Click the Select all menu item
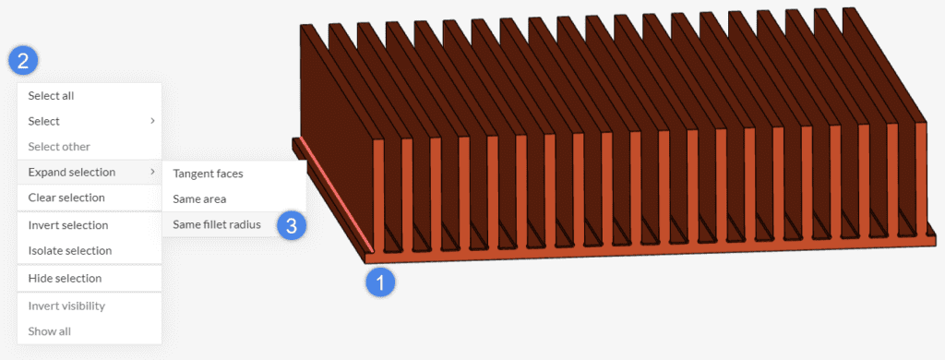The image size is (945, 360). (x=51, y=95)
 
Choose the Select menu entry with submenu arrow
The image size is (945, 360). (x=43, y=121)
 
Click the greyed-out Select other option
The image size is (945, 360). (x=59, y=146)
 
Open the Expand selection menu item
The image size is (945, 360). (x=72, y=172)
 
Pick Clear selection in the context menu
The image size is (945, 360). (x=66, y=197)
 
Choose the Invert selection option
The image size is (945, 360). (x=68, y=224)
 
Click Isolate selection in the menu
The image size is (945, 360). (x=70, y=250)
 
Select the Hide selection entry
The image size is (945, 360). (x=65, y=278)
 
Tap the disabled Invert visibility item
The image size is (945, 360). (x=66, y=306)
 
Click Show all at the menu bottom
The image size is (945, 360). (x=49, y=331)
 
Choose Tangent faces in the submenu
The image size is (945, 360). (x=209, y=173)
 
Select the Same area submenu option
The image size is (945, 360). (x=199, y=198)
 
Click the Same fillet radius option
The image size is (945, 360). (x=217, y=224)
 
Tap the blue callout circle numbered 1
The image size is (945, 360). (x=381, y=282)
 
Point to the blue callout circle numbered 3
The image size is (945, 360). (x=292, y=225)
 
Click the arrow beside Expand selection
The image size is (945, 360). (x=152, y=172)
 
